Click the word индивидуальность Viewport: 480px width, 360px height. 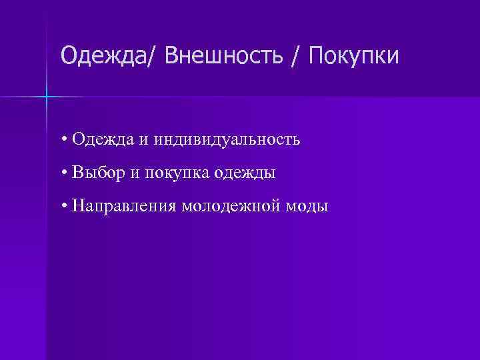227,140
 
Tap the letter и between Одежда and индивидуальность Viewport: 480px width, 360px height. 145,141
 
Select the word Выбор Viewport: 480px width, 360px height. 99,173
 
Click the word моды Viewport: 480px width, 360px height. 308,207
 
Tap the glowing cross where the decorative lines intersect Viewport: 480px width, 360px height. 47,97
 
